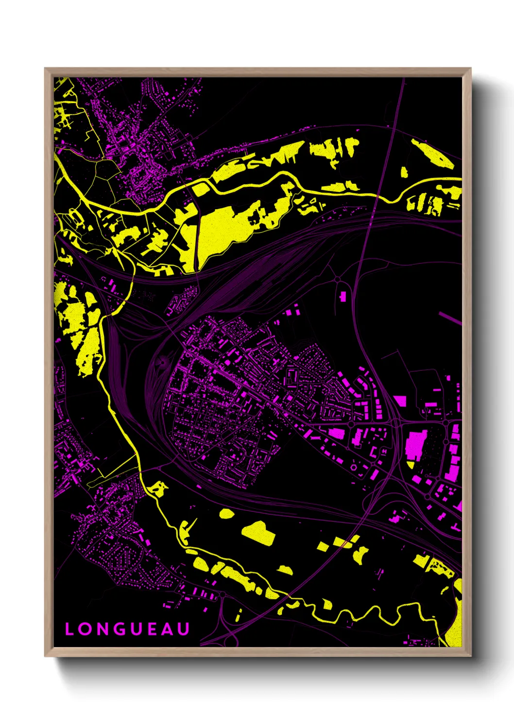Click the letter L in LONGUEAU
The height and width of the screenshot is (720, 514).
coord(69,629)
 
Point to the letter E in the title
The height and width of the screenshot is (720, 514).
coord(154,629)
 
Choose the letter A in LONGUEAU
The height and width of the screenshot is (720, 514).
coord(168,629)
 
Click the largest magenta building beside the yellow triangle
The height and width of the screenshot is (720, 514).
coord(416,444)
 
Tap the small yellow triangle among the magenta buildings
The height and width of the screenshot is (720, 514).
coord(411,465)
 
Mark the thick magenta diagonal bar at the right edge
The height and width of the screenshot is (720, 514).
coord(450,318)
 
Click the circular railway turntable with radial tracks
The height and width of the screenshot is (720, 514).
coord(163,362)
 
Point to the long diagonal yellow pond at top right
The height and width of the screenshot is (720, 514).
coord(432,153)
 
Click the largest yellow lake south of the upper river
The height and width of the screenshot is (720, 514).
coord(223,229)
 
